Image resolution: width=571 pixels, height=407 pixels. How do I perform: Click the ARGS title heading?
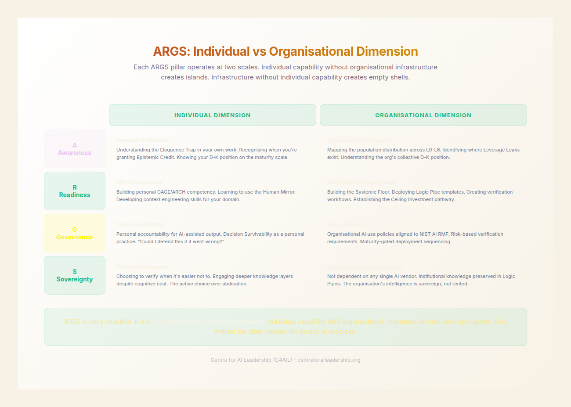click(x=285, y=51)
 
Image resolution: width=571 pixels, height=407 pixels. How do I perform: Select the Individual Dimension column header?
click(x=213, y=115)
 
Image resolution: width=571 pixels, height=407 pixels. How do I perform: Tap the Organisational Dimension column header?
click(x=423, y=115)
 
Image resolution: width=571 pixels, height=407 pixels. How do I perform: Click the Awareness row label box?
click(x=75, y=149)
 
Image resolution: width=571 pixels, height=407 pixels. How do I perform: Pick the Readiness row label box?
click(x=75, y=191)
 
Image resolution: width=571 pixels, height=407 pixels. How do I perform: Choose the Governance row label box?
click(x=75, y=233)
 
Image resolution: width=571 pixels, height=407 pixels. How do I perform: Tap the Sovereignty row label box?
click(x=75, y=275)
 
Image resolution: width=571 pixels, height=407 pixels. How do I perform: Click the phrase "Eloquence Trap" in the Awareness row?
click(x=178, y=150)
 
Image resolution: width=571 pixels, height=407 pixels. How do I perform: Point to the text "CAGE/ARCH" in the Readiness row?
click(x=171, y=192)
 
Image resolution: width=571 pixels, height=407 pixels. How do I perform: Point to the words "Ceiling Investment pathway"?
click(x=423, y=199)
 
